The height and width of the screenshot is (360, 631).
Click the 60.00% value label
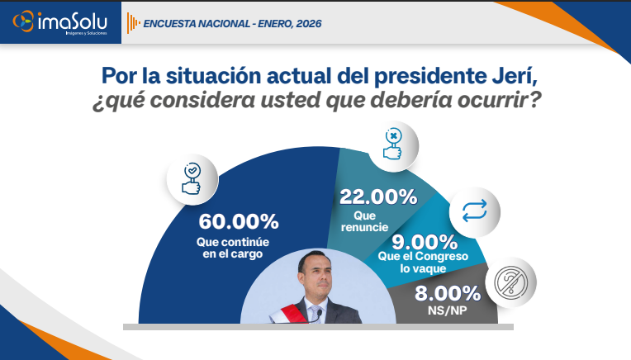(x=238, y=221)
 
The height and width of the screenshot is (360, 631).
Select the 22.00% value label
(x=378, y=197)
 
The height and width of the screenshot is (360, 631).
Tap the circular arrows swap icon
(x=475, y=211)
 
